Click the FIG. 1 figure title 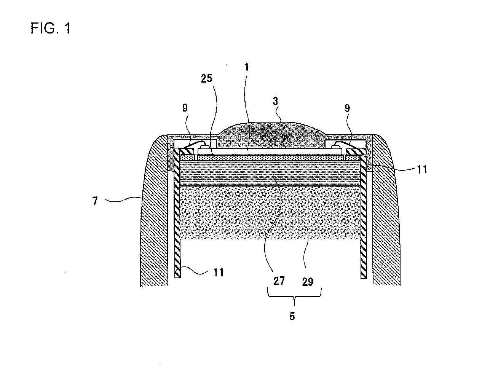coord(51,29)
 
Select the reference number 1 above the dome coord(247,67)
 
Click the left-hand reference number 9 coord(185,108)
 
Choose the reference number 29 coord(308,282)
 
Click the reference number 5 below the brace coord(292,316)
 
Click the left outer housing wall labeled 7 coord(152,213)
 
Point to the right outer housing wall coord(386,213)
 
